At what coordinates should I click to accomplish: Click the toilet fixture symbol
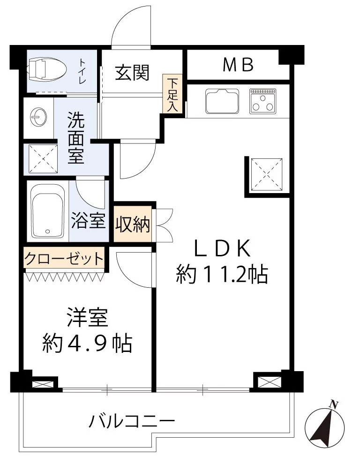47,70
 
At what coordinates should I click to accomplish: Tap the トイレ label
82,71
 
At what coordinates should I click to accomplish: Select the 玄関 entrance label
132,73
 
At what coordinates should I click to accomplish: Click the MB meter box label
238,65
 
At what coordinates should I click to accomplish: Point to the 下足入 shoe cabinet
172,95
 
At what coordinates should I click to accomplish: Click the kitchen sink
222,101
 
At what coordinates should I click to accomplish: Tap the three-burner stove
263,101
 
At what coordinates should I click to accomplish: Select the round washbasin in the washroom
38,117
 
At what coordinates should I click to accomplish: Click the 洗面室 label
76,138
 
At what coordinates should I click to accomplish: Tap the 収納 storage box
133,224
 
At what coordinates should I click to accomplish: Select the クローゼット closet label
64,259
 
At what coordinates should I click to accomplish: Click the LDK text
222,248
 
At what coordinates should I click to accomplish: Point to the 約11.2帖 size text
222,275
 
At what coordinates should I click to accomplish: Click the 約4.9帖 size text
87,343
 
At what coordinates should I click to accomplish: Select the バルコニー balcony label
132,421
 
